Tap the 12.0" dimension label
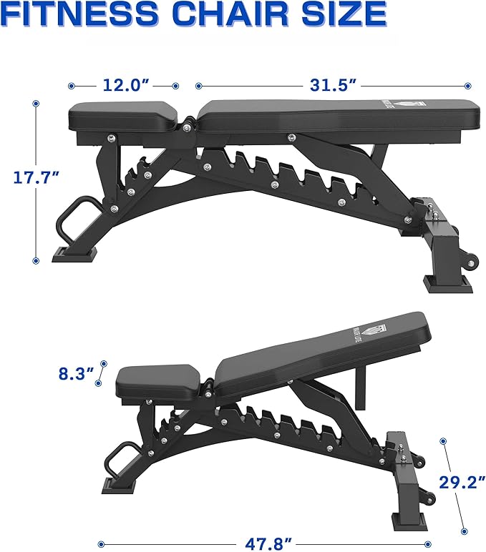125,85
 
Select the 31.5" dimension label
333,85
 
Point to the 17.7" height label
35,177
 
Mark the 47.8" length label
268,543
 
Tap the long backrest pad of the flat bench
336,116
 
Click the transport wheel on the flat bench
469,261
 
